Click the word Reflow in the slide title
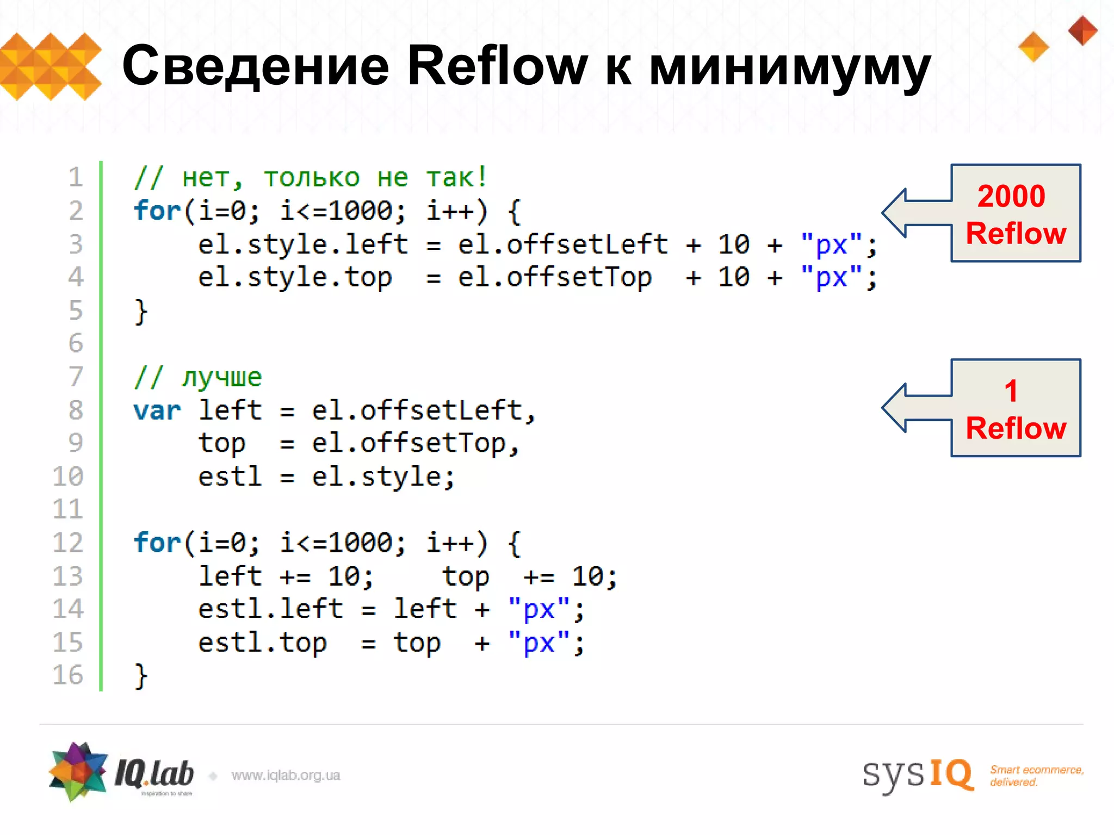497,66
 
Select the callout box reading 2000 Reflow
1016,213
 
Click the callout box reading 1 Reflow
1016,408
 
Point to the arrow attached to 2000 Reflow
914,213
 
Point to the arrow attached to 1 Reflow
914,408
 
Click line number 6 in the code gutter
76,343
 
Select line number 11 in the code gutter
68,509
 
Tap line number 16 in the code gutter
68,675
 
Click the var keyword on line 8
157,410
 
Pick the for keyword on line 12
157,543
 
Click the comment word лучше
222,377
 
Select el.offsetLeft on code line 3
562,245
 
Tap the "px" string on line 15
539,643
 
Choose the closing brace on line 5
141,311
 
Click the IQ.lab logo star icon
78,772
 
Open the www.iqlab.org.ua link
286,775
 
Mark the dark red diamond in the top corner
1082,30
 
